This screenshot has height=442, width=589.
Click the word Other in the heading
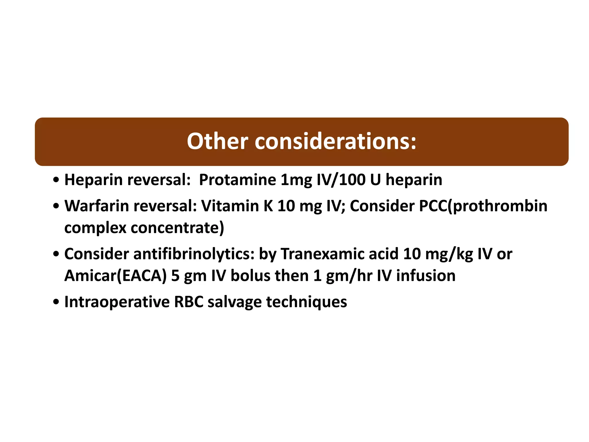coord(217,141)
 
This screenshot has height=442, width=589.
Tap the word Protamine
coord(238,180)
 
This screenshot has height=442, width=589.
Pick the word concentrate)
coord(177,228)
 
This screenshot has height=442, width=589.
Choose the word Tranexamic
coord(339,254)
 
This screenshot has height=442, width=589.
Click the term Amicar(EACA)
coord(115,276)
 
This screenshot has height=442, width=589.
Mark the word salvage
coord(235,302)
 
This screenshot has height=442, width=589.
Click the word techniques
coord(307,302)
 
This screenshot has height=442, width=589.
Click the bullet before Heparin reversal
coord(56,181)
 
